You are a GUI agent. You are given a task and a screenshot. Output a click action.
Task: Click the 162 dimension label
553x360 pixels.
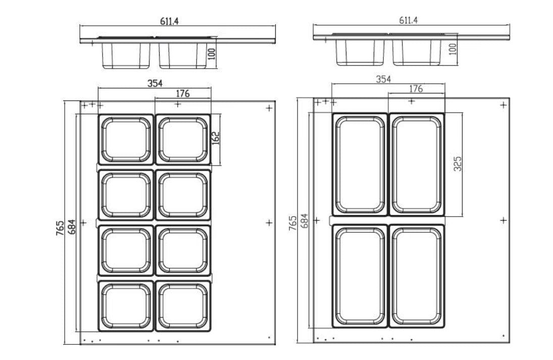[x=216, y=138]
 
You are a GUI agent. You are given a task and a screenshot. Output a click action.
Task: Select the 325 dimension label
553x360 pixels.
[x=458, y=164]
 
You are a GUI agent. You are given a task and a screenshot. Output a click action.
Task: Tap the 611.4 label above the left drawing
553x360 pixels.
[x=169, y=21]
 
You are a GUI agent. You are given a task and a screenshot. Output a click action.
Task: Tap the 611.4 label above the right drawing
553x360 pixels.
[x=409, y=20]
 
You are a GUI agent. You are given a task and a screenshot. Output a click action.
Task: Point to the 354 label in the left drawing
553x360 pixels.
[x=155, y=84]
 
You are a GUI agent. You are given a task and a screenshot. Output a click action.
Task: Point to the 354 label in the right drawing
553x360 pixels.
[x=383, y=79]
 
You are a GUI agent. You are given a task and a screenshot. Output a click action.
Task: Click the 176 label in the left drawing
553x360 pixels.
[x=183, y=93]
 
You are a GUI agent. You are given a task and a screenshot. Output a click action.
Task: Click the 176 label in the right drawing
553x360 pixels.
[x=416, y=89]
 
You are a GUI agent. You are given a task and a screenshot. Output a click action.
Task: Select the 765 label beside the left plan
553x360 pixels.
[x=60, y=228]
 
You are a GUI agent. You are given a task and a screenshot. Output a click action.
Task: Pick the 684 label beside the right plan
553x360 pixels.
[x=304, y=221]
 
